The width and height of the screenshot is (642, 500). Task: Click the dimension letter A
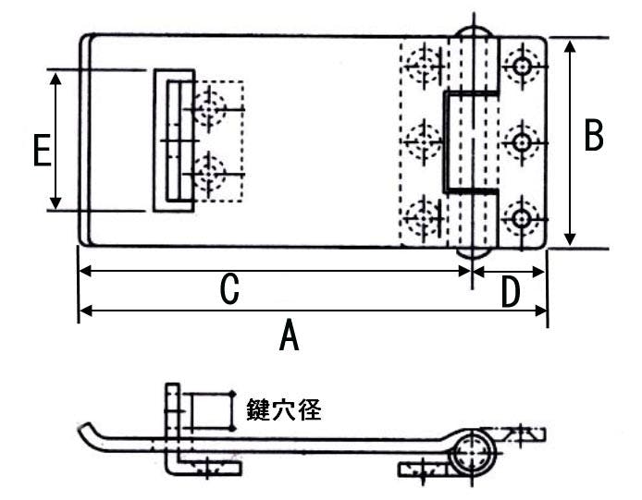[x=290, y=335]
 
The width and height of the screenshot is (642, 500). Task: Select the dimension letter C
[x=230, y=290]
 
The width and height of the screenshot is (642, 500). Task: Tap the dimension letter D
[x=510, y=292]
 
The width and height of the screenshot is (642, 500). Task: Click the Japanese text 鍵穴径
[x=283, y=409]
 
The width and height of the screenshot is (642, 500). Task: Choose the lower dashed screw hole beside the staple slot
[x=211, y=172]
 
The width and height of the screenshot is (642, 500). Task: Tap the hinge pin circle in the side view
[x=474, y=454]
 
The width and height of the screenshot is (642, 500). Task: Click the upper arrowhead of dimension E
[x=57, y=79]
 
